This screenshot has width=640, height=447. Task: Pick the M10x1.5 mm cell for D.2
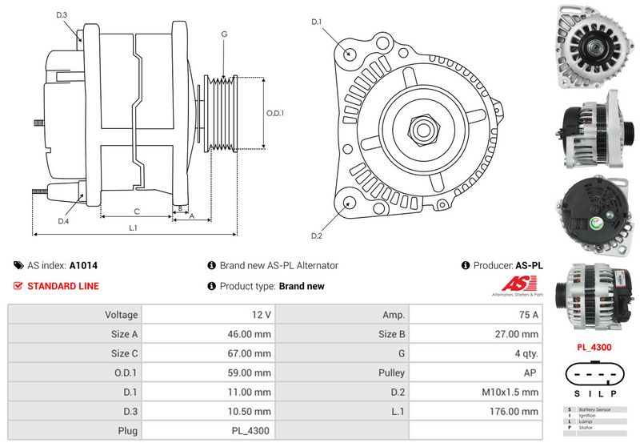(x=511, y=392)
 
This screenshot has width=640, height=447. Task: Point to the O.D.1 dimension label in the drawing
(x=274, y=113)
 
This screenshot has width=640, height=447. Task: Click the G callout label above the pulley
(x=224, y=34)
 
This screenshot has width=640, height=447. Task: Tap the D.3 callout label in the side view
(x=62, y=15)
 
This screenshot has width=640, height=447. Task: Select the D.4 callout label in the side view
(x=63, y=221)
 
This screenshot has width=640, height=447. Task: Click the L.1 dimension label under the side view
(x=134, y=228)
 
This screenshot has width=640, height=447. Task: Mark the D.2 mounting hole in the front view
(x=350, y=203)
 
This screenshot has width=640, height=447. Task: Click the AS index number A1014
(x=83, y=265)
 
